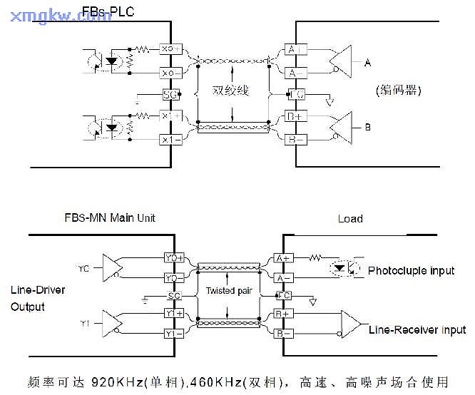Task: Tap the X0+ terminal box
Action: pos(170,48)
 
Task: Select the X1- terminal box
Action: pos(170,140)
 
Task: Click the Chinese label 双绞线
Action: pos(230,91)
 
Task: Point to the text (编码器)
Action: pos(397,91)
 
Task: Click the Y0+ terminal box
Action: pos(175,257)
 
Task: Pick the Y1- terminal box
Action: pos(175,333)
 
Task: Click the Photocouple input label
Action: pos(411,271)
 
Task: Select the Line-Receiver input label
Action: pos(417,329)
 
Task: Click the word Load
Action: pos(350,219)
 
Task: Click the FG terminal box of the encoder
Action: pos(295,93)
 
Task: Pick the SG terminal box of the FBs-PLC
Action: pos(170,94)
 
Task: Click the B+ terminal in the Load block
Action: pos(284,314)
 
